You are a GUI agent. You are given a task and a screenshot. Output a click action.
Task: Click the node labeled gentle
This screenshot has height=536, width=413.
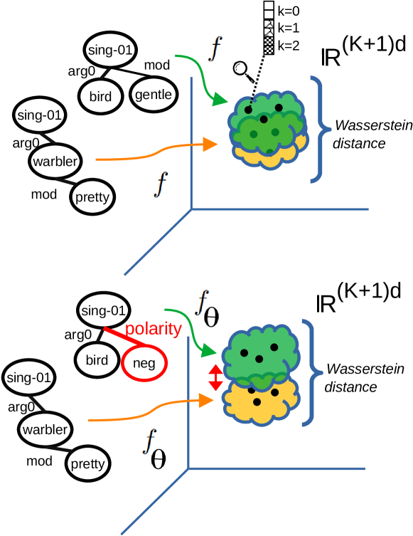(x=153, y=95)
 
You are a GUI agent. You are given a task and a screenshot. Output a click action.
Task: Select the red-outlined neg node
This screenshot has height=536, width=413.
(x=144, y=364)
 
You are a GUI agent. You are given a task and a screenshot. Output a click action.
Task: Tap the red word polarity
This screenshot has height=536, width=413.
(x=153, y=329)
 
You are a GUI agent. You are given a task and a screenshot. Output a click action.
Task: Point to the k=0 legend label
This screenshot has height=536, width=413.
(x=288, y=11)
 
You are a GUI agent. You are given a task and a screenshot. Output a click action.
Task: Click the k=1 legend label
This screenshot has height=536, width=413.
(x=288, y=28)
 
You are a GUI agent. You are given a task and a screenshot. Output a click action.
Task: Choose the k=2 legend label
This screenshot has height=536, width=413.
(x=288, y=46)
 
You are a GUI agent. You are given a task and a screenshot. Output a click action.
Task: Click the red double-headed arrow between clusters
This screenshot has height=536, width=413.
(x=215, y=377)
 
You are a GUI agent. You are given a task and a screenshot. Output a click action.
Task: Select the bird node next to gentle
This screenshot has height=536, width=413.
(x=101, y=96)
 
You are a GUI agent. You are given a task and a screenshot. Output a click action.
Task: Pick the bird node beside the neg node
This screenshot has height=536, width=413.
(x=97, y=360)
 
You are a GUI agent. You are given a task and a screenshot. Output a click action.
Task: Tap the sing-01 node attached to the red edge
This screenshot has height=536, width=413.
(x=103, y=310)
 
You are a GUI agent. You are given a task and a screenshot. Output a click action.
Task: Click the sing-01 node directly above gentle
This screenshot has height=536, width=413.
(x=110, y=50)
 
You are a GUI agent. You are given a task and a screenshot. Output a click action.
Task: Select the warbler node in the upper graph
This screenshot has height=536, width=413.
(x=55, y=162)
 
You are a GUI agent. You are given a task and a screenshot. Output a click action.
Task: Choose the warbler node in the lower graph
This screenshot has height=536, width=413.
(x=45, y=429)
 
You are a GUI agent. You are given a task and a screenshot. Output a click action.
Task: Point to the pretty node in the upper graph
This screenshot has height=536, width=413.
(x=92, y=196)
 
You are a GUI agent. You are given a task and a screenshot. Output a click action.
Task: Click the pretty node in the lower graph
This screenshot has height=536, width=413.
(x=87, y=464)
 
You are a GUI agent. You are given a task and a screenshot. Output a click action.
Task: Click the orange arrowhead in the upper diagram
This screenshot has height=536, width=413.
(x=210, y=144)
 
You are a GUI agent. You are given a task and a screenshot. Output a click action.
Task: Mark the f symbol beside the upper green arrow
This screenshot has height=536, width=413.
(x=215, y=48)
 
